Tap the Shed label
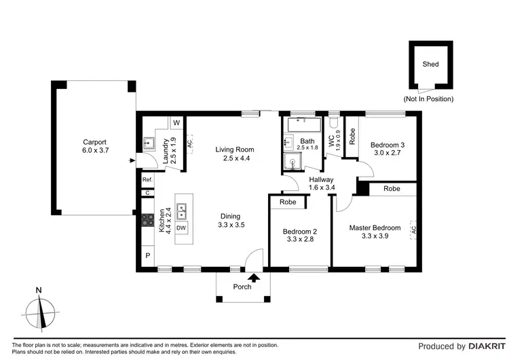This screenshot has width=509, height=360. coord(430,65)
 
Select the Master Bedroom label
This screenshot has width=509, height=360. coord(375,228)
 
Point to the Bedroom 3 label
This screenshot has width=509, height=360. coord(388,145)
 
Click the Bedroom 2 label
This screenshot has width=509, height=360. coord(300,231)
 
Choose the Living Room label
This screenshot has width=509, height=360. coord(234,149)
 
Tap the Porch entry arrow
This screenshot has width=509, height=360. coord(254,276)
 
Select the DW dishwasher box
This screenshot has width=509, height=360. coord(181,228)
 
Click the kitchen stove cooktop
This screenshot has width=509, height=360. coord(147,220)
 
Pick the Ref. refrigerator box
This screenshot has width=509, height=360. coord(147,179)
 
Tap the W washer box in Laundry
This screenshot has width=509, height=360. coord(176,123)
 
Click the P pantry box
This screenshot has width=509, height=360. coord(147,256)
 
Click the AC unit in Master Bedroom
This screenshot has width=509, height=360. coord(413,231)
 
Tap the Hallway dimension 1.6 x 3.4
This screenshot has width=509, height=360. coord(322,188)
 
